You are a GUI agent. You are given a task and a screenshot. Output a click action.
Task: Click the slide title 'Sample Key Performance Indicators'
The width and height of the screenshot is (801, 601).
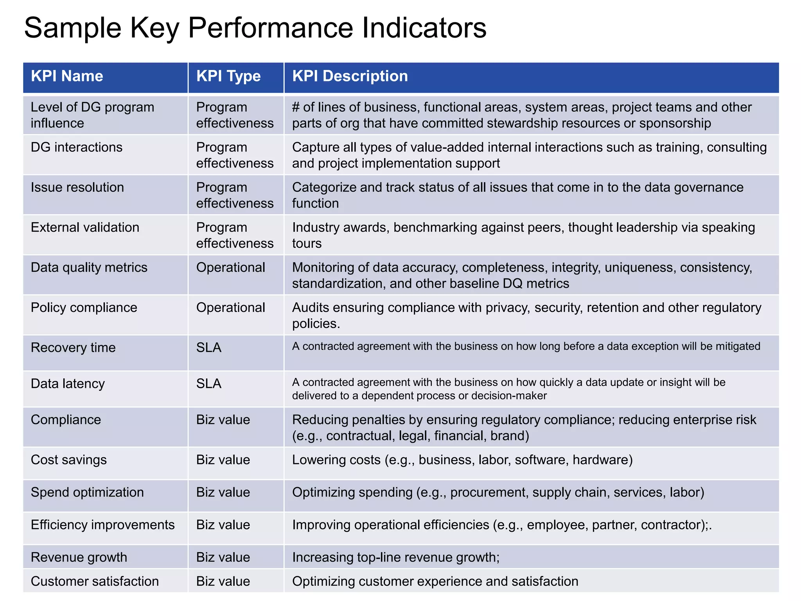pos(255,28)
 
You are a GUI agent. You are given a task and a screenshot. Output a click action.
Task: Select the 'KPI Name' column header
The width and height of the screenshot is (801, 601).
pos(67,76)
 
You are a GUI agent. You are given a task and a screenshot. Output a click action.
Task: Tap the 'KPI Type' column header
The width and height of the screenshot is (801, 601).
pos(228,76)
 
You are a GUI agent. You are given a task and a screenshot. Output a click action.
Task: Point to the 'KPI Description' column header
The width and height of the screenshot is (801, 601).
pos(350,76)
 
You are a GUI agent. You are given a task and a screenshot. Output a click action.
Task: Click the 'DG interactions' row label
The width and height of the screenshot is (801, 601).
pos(77,147)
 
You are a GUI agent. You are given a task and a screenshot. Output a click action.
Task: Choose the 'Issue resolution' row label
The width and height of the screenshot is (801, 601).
pos(77,187)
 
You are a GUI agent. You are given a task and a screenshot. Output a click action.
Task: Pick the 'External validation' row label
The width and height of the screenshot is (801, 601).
pos(85,227)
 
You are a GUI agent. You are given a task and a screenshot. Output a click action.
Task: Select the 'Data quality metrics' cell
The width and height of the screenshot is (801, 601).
pos(89,268)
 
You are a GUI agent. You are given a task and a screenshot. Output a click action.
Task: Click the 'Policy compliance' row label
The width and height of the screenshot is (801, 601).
pos(84,308)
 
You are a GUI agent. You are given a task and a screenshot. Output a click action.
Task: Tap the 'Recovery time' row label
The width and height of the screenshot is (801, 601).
pos(73,347)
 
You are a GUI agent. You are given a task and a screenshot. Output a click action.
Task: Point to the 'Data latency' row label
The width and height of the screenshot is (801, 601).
pos(68,383)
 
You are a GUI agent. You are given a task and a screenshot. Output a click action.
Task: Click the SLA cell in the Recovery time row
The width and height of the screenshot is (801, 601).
pos(209,347)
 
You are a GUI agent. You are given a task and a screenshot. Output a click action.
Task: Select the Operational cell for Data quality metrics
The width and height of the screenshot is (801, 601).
pos(231,268)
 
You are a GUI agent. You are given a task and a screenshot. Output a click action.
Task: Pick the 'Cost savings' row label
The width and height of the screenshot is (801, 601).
pos(69,460)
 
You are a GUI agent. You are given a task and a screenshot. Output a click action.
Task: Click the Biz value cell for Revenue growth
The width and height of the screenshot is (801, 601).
pos(223,557)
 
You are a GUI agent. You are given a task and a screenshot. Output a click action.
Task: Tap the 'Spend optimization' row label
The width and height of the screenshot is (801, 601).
pos(87,492)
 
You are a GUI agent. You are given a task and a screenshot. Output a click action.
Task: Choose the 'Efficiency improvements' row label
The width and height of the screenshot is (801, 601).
pos(103,525)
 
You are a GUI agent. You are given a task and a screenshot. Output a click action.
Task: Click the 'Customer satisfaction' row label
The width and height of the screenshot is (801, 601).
pos(95,581)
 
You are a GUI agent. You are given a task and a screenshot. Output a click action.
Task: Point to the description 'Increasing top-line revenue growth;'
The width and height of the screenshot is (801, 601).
pos(396,557)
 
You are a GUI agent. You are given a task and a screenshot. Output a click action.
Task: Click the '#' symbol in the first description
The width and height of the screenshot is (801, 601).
pos(296,107)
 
